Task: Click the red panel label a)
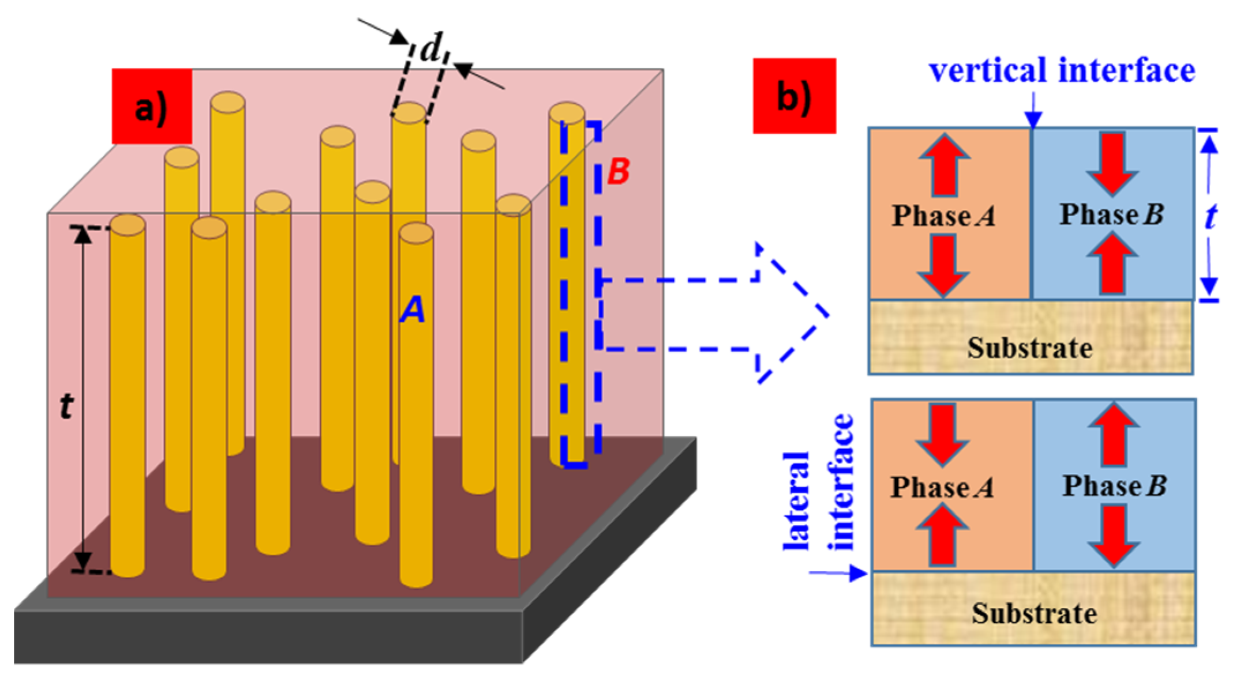pyautogui.click(x=152, y=107)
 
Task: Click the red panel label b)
pyautogui.click(x=794, y=96)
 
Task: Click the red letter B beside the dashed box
pyautogui.click(x=619, y=171)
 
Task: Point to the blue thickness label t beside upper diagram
pyautogui.click(x=1211, y=217)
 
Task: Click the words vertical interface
pyautogui.click(x=1062, y=70)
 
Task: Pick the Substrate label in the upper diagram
pyautogui.click(x=1030, y=348)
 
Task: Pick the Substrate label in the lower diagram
pyautogui.click(x=1034, y=613)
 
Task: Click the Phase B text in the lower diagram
pyautogui.click(x=1115, y=485)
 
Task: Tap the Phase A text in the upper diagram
pyautogui.click(x=944, y=216)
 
